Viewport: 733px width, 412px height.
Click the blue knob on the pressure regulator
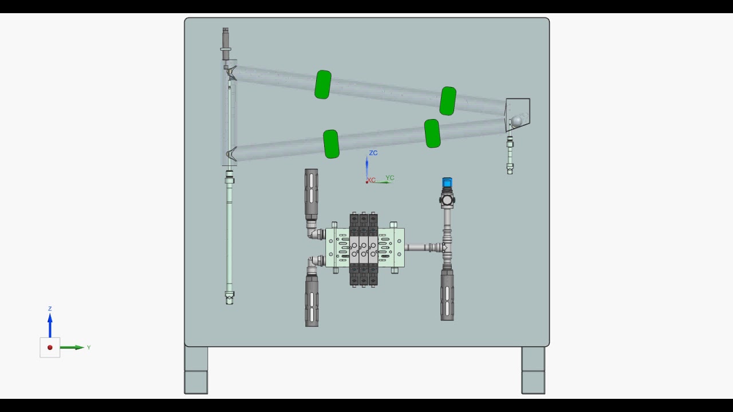447,183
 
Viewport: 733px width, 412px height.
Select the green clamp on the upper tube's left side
323,85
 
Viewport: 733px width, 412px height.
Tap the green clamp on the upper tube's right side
448,101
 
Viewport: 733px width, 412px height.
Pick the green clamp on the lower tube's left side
331,144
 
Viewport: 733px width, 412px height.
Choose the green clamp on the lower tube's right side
432,133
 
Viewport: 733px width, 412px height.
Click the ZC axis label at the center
373,153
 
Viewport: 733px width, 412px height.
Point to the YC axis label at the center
390,178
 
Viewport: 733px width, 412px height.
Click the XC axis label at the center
372,180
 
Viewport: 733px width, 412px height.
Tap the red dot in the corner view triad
50,347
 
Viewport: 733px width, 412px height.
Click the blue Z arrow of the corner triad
50,324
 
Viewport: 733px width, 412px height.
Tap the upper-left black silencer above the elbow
311,194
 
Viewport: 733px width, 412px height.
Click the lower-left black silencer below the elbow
312,301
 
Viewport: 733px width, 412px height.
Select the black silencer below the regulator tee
447,295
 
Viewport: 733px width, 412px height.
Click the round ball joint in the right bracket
517,121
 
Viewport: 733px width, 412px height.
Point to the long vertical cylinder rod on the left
230,235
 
